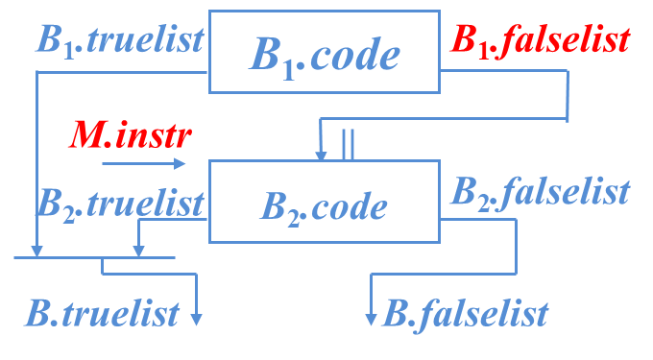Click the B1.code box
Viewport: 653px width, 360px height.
pos(324,54)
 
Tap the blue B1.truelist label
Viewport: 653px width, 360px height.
pos(120,39)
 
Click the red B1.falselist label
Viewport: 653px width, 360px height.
pos(540,39)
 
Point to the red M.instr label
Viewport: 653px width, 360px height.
pos(130,135)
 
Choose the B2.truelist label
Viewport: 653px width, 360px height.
pos(120,204)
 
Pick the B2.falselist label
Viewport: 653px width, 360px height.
pos(540,191)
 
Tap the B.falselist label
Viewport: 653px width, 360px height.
pos(466,312)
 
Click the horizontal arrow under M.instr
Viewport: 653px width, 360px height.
pos(144,164)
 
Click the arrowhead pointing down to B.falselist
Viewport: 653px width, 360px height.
pos(372,319)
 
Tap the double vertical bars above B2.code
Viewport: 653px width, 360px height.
pos(348,143)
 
